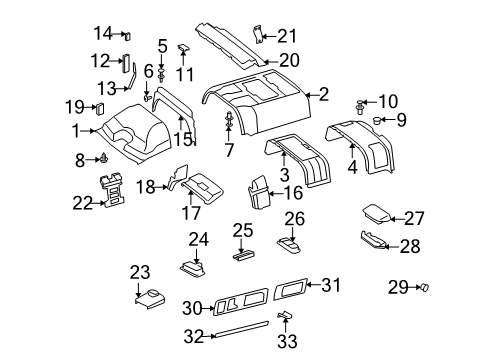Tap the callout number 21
click(x=287, y=34)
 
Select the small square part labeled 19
click(x=99, y=108)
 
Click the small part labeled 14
click(x=127, y=33)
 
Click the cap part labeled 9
click(x=379, y=122)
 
